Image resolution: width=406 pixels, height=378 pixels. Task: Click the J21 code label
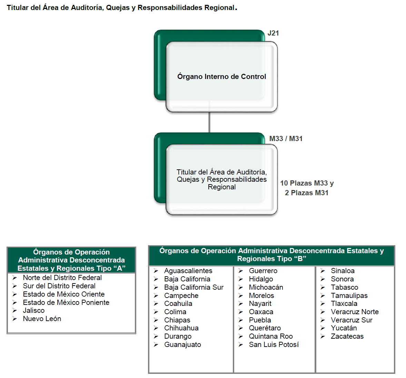click(x=273, y=33)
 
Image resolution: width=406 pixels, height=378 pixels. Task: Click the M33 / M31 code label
click(x=286, y=139)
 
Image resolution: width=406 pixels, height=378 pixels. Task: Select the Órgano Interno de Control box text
click(x=221, y=77)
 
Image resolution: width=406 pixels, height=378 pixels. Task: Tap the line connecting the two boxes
click(x=209, y=122)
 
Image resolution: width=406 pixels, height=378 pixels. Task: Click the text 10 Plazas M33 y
click(x=307, y=183)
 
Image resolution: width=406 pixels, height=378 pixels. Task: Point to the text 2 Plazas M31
click(x=306, y=193)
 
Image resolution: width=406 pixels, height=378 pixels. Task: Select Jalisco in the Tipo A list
click(x=33, y=310)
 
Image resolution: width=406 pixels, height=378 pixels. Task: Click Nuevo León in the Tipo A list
click(x=42, y=319)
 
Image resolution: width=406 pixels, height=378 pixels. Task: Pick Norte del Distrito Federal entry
click(x=62, y=278)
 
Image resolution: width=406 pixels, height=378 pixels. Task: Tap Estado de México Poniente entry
click(x=66, y=302)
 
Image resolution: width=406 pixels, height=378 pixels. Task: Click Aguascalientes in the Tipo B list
click(x=188, y=271)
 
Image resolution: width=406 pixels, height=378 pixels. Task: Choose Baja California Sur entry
click(x=194, y=287)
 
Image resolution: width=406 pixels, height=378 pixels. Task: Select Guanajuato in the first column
click(x=182, y=345)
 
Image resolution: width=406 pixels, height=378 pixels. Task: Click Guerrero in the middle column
click(x=263, y=271)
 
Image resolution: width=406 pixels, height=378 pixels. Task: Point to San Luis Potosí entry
click(x=274, y=345)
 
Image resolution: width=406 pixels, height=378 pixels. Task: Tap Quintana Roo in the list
click(x=270, y=336)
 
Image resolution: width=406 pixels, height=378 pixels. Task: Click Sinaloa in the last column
click(x=343, y=271)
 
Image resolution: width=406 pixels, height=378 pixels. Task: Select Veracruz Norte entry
click(x=355, y=312)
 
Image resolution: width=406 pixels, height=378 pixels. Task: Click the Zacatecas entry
click(x=347, y=336)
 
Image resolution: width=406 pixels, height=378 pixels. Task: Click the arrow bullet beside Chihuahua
click(x=156, y=328)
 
